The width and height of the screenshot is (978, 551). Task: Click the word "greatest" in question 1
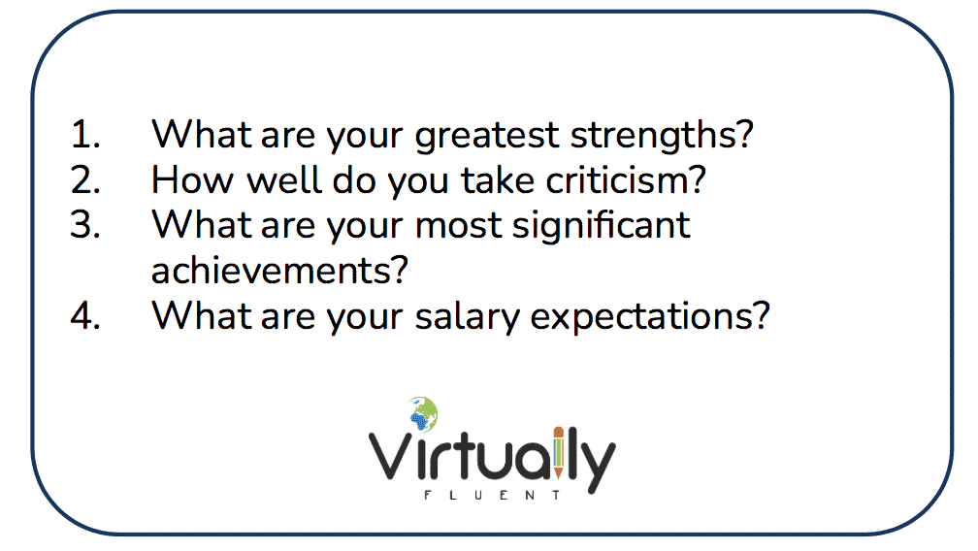(x=487, y=136)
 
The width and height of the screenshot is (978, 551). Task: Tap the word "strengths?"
(x=662, y=135)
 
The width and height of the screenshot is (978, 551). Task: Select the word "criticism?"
(x=626, y=180)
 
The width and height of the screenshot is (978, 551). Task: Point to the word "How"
(x=193, y=180)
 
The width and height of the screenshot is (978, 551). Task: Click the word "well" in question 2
(x=283, y=180)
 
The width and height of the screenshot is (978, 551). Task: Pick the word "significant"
(x=602, y=226)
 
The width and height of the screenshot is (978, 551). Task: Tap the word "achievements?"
(x=279, y=271)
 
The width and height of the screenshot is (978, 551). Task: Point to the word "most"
(x=458, y=226)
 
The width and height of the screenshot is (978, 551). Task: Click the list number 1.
(x=85, y=135)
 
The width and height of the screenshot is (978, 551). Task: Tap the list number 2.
(x=85, y=180)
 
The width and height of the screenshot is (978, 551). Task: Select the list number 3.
(x=85, y=225)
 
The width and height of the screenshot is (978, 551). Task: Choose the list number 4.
(x=85, y=316)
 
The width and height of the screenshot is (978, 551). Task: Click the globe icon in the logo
(x=424, y=414)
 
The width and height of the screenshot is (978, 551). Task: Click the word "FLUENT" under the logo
(x=493, y=496)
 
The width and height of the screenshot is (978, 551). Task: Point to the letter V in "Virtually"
(x=391, y=456)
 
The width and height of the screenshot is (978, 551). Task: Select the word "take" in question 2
(x=498, y=180)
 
